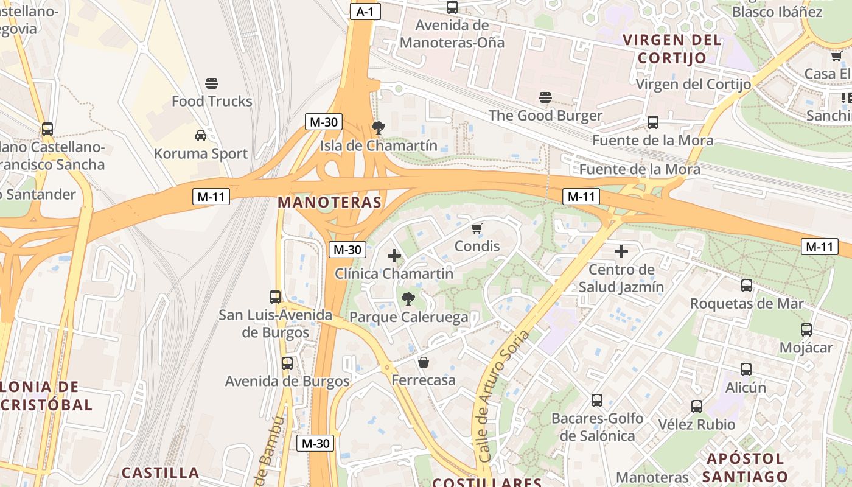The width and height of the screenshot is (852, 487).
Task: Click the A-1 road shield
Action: point(365,12)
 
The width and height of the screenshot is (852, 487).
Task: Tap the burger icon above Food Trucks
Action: point(212,83)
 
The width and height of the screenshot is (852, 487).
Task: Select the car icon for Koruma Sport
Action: point(200,135)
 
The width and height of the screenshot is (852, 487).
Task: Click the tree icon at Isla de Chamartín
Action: point(378,127)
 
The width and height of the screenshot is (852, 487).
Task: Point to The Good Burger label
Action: point(545,116)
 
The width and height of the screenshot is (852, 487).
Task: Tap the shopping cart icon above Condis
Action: point(477,228)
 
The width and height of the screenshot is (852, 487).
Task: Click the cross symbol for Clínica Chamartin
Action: point(394,256)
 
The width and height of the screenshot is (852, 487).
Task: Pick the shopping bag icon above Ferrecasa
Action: point(424,362)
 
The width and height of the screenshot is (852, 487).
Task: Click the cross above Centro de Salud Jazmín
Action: point(621,251)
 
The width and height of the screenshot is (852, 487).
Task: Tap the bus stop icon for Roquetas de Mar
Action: point(746,285)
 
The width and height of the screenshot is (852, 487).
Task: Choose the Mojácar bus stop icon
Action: point(806,330)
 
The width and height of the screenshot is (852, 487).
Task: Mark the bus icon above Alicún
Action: point(746,369)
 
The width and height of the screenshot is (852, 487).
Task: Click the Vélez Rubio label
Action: point(697,424)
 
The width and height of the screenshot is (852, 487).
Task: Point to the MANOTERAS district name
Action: point(330,202)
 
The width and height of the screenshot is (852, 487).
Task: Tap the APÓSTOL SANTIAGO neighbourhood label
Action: point(747,468)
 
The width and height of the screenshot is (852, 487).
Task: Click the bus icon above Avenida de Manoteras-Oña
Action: point(452,7)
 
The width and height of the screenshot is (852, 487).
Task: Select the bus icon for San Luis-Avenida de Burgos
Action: point(275,296)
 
